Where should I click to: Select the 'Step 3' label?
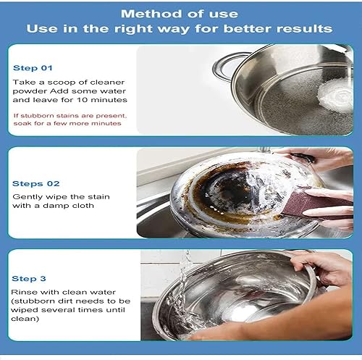pyautogui.click(x=29, y=278)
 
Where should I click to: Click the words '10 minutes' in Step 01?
pyautogui.click(x=104, y=99)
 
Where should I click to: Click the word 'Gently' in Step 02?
pyautogui.click(x=26, y=196)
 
